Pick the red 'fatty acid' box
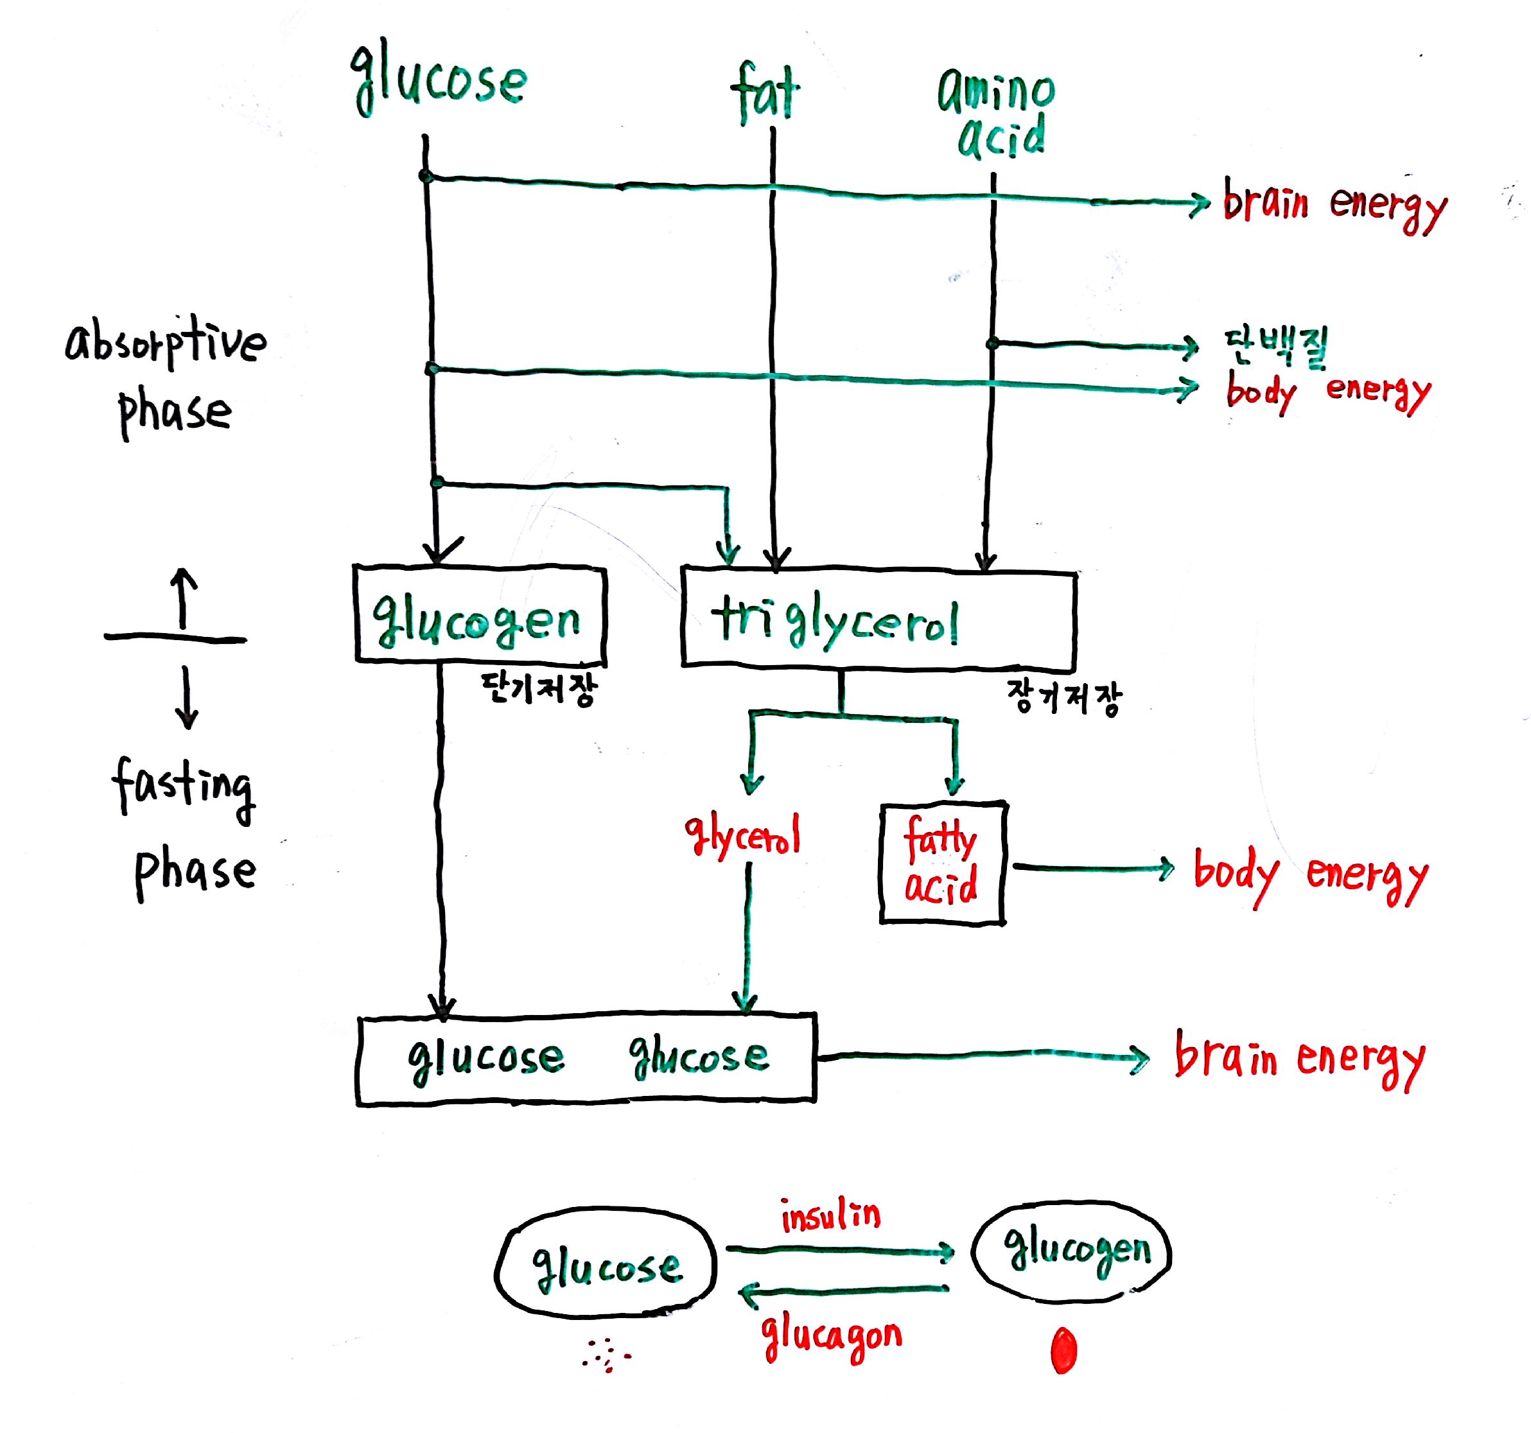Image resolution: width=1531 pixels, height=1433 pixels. (942, 862)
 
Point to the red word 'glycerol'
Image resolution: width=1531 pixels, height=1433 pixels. (742, 835)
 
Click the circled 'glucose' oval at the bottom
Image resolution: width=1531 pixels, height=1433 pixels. (606, 1266)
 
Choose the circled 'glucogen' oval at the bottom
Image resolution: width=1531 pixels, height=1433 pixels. (1071, 1251)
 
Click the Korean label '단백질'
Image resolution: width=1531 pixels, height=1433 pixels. (1276, 346)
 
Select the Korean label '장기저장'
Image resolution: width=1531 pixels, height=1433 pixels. (1063, 697)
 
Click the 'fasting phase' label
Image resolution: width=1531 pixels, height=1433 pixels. (185, 827)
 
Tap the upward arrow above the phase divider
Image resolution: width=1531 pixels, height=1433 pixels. (182, 597)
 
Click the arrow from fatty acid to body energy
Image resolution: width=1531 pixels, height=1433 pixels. (1092, 868)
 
